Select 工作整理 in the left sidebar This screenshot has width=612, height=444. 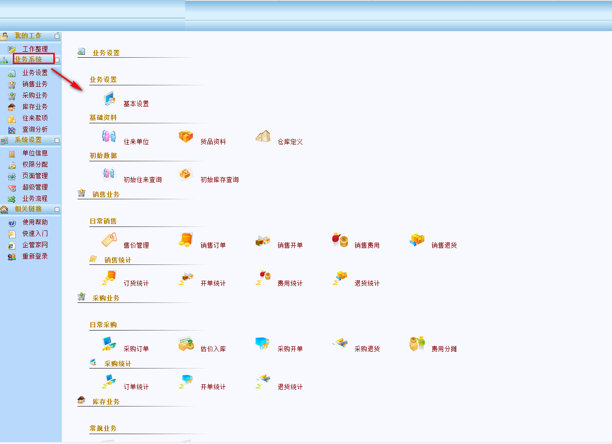(x=35, y=49)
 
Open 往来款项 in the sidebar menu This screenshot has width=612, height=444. (x=35, y=118)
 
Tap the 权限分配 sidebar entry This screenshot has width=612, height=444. (x=35, y=164)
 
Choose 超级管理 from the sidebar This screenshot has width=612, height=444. (x=35, y=187)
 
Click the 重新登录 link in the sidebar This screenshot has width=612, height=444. (x=35, y=256)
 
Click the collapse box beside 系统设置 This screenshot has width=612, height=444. (x=57, y=141)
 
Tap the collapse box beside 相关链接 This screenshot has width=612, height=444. (x=57, y=210)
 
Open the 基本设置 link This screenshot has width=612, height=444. (x=136, y=104)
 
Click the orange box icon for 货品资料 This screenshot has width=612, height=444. (x=186, y=136)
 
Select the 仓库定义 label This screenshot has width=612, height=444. (x=290, y=142)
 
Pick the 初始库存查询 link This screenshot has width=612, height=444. (x=220, y=180)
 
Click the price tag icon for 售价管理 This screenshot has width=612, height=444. (x=109, y=240)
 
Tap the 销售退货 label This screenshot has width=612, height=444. (x=444, y=245)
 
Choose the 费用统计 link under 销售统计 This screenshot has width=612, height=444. (x=290, y=283)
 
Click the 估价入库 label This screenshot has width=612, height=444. (x=213, y=349)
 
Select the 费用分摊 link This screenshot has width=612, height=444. (x=444, y=349)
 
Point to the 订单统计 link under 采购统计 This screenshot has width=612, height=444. (x=136, y=387)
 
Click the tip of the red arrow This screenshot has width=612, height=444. (x=82, y=90)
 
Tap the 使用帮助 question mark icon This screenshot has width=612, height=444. (x=12, y=223)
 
